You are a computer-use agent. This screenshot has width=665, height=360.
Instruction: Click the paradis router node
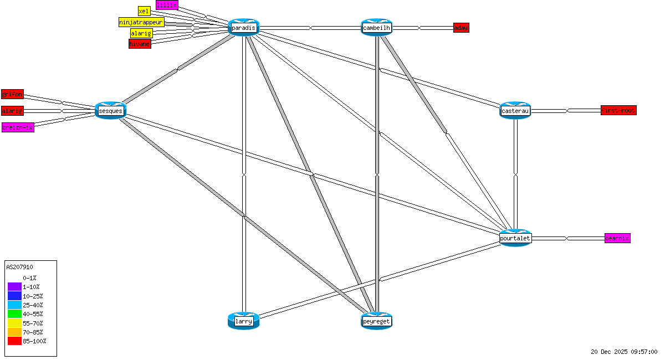pyautogui.click(x=243, y=27)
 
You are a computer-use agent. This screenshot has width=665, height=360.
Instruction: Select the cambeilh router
pyautogui.click(x=377, y=27)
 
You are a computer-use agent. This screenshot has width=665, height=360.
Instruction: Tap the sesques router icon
pyautogui.click(x=110, y=111)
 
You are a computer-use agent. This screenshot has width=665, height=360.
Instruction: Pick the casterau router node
pyautogui.click(x=515, y=111)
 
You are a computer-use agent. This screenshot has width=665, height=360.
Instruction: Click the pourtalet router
pyautogui.click(x=515, y=238)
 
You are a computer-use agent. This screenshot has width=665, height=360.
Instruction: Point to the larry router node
pyautogui.click(x=243, y=321)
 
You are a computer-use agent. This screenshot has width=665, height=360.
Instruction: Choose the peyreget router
pyautogui.click(x=376, y=321)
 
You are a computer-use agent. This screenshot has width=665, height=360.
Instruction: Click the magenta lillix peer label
pyautogui.click(x=167, y=5)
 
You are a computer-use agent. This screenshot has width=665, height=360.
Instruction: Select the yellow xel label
pyautogui.click(x=144, y=11)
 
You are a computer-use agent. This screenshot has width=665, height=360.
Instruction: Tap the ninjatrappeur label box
pyautogui.click(x=142, y=22)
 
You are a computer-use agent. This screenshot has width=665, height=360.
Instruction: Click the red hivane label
pyautogui.click(x=140, y=44)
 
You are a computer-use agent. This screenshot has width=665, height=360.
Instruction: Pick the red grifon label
pyautogui.click(x=12, y=94)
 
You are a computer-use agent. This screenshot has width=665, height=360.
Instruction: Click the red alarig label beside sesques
pyautogui.click(x=12, y=111)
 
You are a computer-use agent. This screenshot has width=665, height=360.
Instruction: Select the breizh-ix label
pyautogui.click(x=18, y=127)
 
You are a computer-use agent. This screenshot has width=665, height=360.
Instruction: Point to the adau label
pyautogui.click(x=461, y=28)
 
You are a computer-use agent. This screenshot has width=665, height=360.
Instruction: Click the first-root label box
pyautogui.click(x=618, y=110)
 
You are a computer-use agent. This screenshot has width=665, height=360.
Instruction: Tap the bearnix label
pyautogui.click(x=617, y=238)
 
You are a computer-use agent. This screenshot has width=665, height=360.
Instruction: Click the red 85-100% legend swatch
pyautogui.click(x=14, y=341)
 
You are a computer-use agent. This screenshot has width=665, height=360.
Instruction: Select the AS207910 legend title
pyautogui.click(x=19, y=267)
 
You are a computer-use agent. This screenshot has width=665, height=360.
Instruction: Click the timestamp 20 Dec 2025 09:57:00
pyautogui.click(x=624, y=352)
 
